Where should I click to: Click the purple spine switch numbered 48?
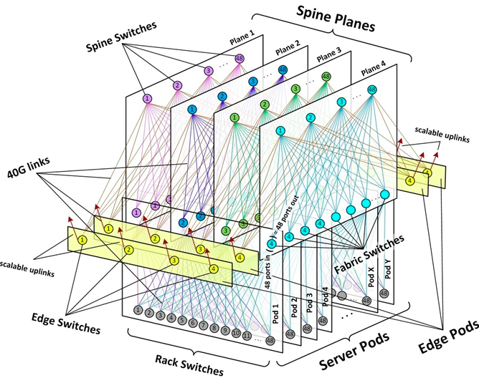point(239,59)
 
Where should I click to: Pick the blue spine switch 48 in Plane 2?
point(283,69)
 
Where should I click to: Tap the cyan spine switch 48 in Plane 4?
point(371,89)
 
